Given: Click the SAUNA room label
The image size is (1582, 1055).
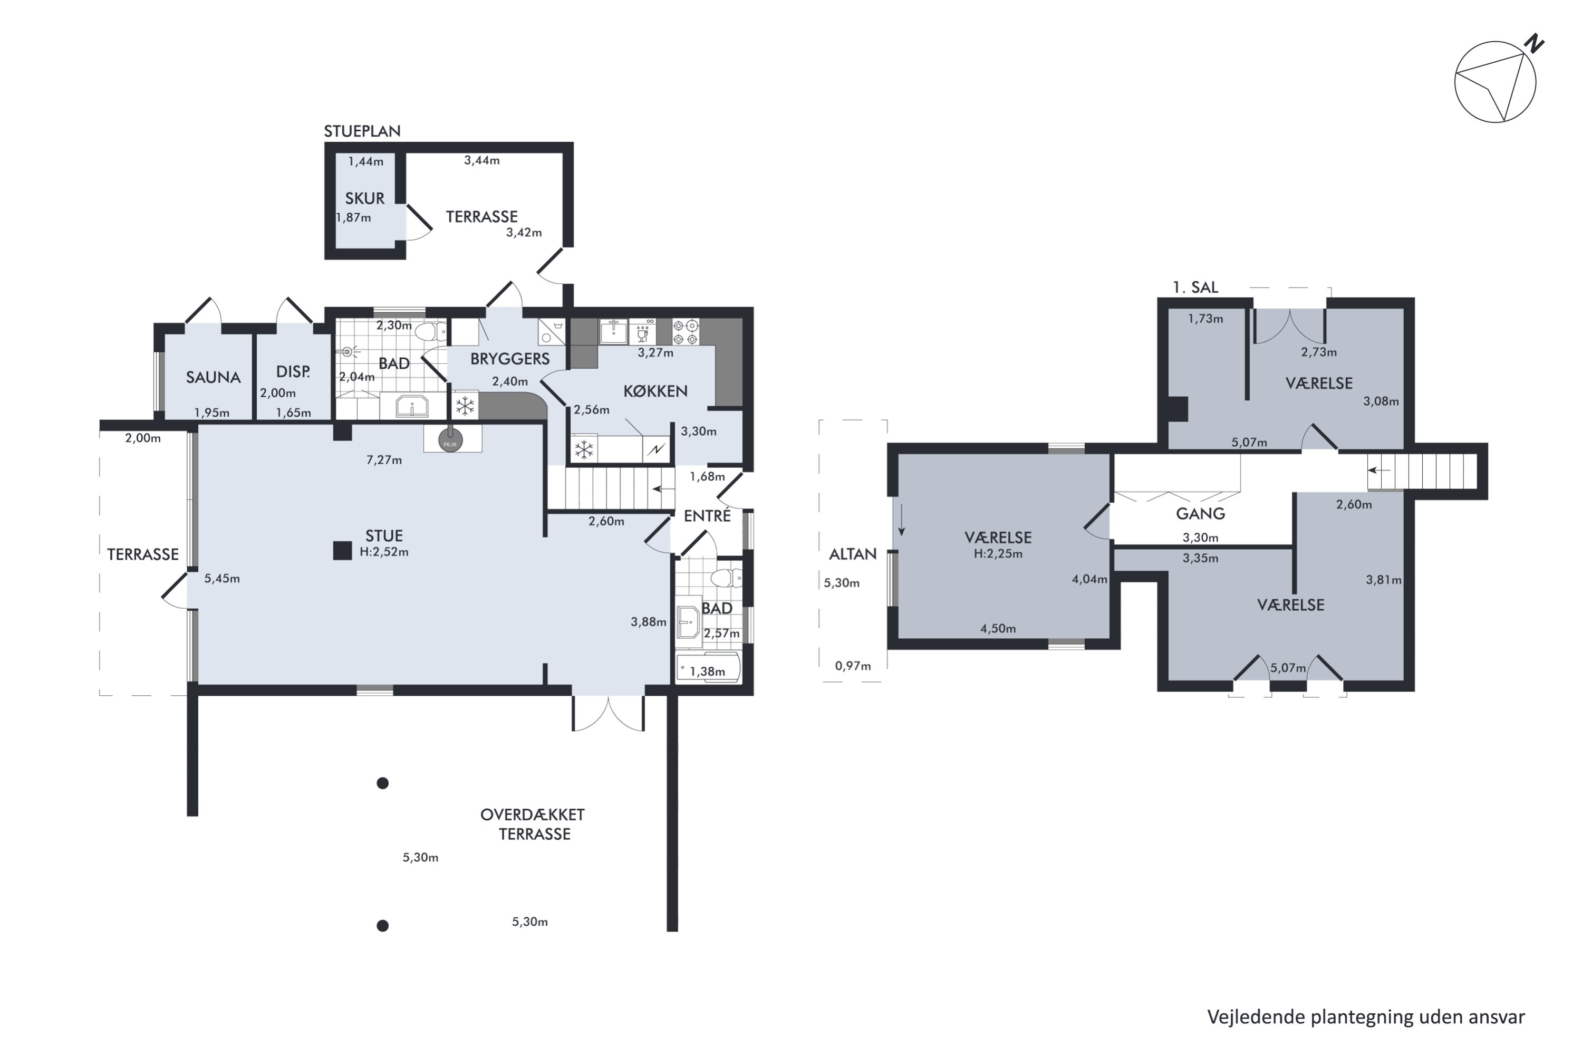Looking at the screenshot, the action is [213, 378].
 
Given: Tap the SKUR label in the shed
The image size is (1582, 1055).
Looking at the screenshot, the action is [364, 198].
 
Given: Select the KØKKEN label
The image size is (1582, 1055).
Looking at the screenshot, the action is [655, 391].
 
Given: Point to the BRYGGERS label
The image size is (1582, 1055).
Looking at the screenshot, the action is [510, 359].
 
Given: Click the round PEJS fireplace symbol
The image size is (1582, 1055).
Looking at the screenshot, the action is [450, 442].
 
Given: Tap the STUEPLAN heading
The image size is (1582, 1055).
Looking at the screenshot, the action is [362, 131].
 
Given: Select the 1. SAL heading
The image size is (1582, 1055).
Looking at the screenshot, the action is [1195, 287].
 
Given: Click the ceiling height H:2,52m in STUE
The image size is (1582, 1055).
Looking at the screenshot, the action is [384, 552].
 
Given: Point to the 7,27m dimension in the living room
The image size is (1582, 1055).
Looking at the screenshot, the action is [384, 460].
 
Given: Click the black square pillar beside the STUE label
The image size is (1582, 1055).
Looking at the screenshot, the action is [342, 551].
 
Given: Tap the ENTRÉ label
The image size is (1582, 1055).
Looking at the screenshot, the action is [707, 516].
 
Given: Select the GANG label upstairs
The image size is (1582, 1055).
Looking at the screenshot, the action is [1201, 514].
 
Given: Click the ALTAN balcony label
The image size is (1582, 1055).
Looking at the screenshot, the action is [852, 554].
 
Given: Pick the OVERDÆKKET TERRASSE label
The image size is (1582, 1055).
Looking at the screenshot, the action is [533, 824].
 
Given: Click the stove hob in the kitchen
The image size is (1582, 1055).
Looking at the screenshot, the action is [686, 332].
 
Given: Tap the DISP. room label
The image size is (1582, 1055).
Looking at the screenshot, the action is [293, 371].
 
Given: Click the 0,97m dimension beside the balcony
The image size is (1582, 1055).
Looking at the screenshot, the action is [853, 666].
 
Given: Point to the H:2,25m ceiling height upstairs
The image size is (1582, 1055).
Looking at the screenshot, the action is [998, 554].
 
